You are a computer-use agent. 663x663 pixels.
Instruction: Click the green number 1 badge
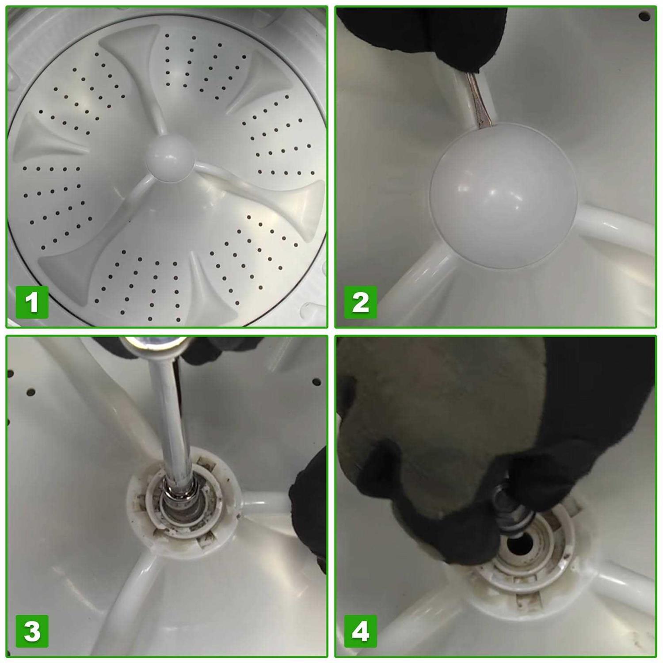(x=32, y=302)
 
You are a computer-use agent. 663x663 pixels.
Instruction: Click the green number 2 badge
(x=361, y=302)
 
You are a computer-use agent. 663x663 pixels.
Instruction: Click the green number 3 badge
(x=32, y=631)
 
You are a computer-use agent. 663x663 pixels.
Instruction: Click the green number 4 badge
(x=361, y=631)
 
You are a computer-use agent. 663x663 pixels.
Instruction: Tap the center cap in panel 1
(x=170, y=157)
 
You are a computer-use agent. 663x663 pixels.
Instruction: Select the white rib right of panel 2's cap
(x=619, y=230)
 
